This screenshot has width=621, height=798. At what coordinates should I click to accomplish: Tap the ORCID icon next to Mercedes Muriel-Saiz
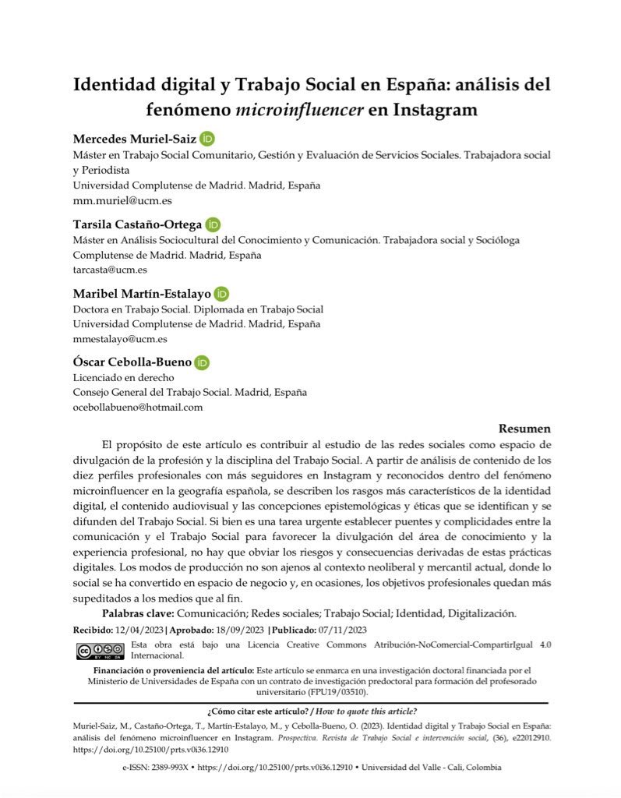click(206, 139)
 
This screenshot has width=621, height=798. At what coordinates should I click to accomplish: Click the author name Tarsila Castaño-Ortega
click(137, 224)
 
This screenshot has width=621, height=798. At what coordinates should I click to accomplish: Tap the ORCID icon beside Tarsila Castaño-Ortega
click(213, 224)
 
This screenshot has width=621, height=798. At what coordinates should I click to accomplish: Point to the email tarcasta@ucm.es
click(110, 270)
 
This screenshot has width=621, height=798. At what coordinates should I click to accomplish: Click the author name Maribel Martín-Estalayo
click(141, 295)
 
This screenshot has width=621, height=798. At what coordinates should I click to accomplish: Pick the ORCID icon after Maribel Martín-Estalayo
click(221, 295)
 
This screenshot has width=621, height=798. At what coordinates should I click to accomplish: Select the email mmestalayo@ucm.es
click(119, 339)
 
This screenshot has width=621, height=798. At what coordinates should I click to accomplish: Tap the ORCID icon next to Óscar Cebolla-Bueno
click(202, 363)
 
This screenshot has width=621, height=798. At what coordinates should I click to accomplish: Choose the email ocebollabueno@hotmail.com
click(138, 407)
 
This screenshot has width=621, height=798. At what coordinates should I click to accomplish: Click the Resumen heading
click(524, 429)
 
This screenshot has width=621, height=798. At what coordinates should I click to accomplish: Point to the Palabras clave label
click(137, 614)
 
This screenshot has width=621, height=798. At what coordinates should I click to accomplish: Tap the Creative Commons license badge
click(100, 651)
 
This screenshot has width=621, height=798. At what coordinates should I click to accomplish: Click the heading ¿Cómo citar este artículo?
click(258, 711)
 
